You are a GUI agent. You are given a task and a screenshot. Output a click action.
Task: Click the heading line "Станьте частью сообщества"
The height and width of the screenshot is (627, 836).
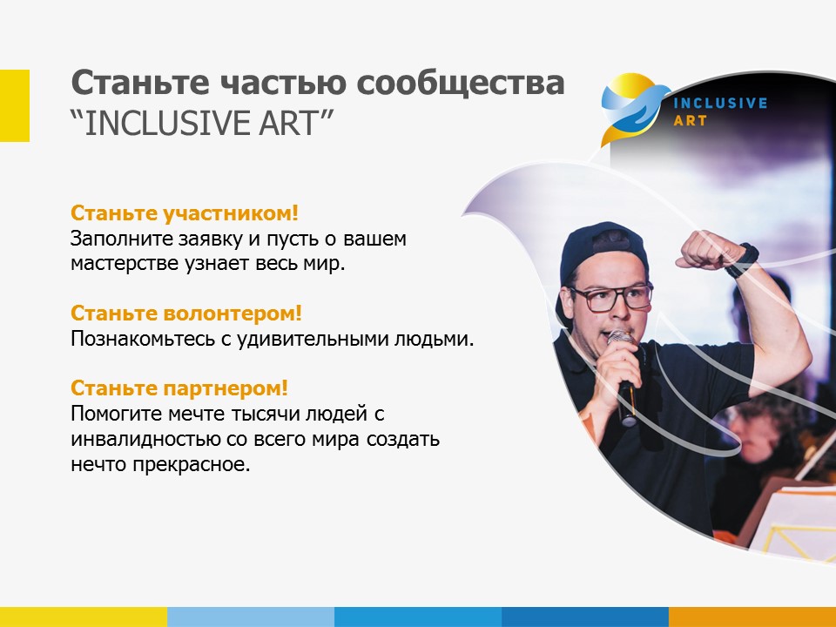318,84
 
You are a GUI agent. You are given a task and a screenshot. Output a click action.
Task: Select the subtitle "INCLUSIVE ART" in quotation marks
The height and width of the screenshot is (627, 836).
201,123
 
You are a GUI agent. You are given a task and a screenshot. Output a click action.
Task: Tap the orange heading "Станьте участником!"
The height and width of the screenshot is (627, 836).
185,213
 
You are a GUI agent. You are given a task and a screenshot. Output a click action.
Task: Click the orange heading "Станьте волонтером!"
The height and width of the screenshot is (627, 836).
186,313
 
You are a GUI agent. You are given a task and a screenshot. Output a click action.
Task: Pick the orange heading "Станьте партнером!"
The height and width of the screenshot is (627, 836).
179,388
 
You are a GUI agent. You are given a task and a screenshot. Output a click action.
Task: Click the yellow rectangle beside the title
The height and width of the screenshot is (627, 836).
15,105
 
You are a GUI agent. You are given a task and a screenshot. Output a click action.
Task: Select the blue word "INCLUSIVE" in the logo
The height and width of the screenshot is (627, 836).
720,103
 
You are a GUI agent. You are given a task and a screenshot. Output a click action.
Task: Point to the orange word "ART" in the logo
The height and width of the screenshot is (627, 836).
690,121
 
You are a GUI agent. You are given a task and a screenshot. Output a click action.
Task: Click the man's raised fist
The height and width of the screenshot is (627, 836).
703,249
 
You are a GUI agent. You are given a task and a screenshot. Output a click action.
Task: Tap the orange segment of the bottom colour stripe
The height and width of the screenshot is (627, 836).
752,617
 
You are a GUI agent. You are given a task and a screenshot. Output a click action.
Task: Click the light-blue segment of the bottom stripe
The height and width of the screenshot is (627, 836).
251,617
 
